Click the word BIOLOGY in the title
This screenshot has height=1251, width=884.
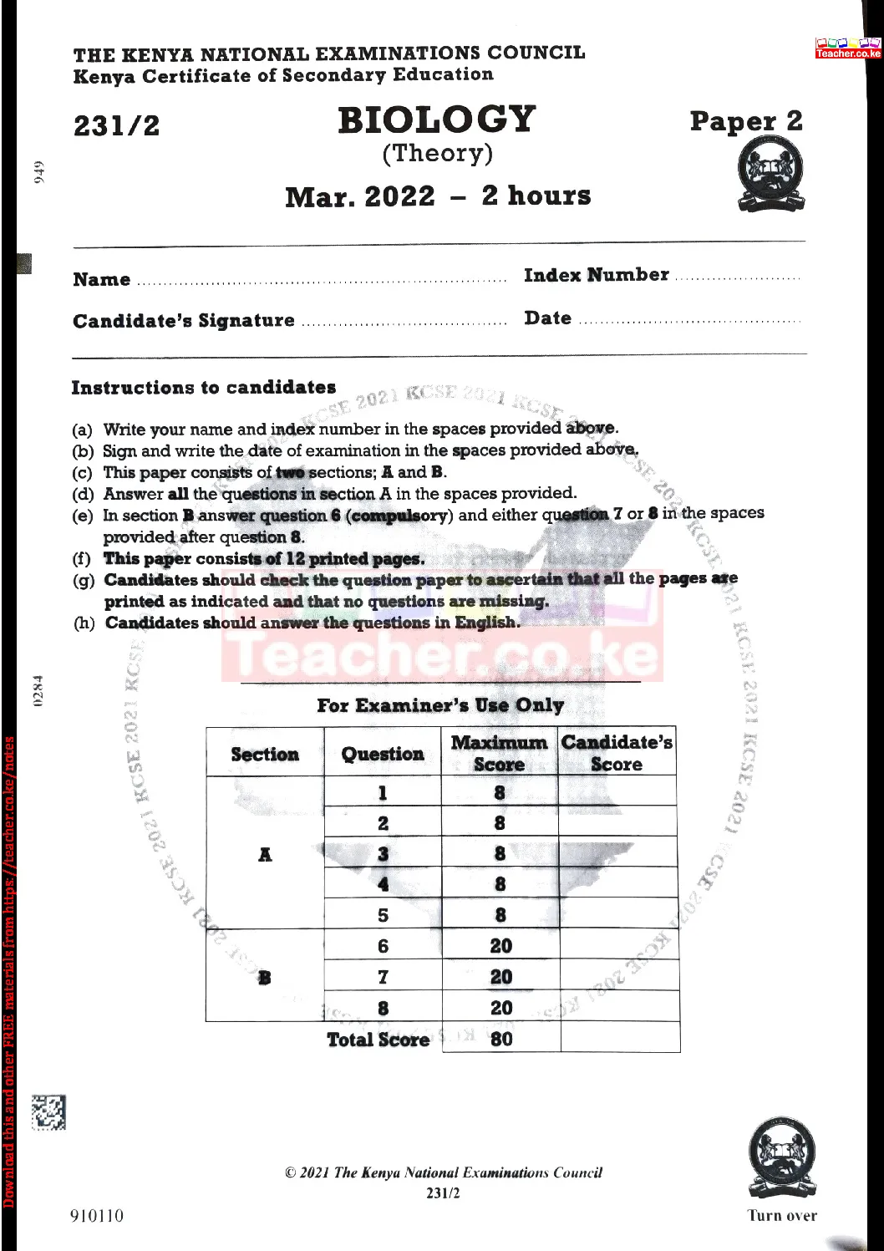436,120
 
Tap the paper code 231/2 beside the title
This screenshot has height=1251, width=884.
116,126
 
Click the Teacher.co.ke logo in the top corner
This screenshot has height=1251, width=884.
848,48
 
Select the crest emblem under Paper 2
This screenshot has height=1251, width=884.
770,174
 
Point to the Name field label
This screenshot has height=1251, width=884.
101,280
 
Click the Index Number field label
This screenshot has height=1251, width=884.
596,275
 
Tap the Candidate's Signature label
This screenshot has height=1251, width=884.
183,321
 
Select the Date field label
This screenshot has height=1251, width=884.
548,318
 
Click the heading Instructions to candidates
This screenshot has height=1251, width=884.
203,388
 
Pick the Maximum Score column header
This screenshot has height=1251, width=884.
499,753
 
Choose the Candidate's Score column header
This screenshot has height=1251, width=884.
617,753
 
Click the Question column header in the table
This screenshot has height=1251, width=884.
383,754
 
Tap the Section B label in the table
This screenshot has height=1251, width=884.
265,977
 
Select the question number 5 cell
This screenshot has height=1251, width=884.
383,915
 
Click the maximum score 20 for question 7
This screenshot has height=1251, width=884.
501,977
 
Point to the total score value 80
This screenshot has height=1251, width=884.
501,1039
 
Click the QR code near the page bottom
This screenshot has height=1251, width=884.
48,1112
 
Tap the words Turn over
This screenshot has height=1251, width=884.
782,1216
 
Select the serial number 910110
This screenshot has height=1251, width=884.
97,1216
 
